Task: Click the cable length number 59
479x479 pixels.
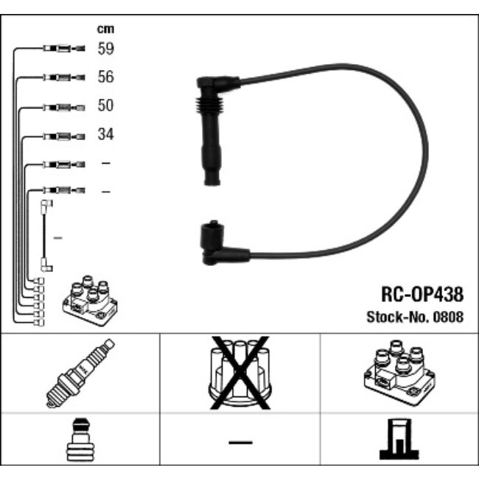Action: tap(105, 48)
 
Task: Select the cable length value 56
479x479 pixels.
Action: tap(105, 77)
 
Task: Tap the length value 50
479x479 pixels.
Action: tap(105, 105)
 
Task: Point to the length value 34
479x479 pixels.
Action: tap(105, 134)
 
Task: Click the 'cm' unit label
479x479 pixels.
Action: tap(105, 29)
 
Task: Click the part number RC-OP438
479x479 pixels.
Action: tap(422, 294)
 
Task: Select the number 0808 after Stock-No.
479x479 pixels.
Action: tap(448, 317)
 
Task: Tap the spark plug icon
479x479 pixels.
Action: tap(80, 373)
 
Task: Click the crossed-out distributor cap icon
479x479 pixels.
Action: tap(239, 373)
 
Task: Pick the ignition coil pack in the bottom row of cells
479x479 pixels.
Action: tap(399, 373)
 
